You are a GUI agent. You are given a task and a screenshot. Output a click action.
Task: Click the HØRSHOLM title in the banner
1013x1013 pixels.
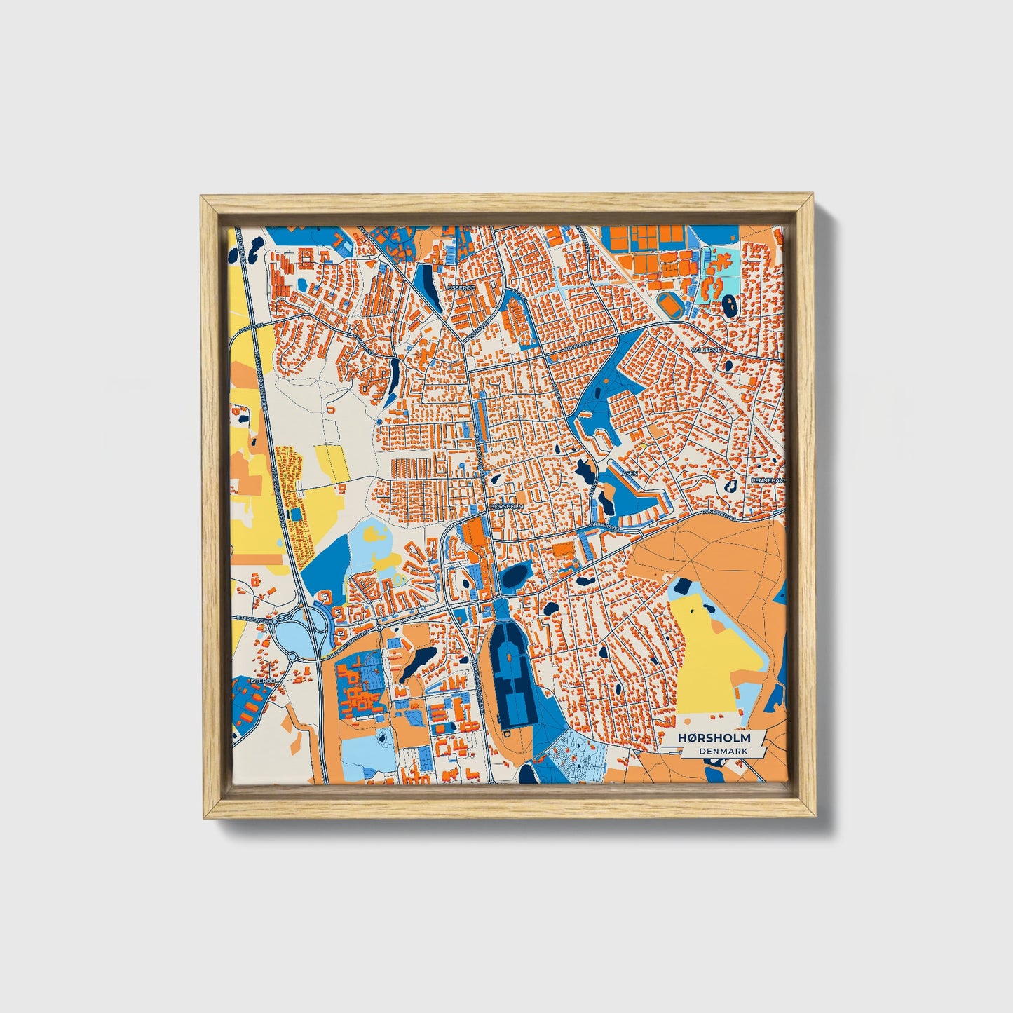click(x=714, y=737)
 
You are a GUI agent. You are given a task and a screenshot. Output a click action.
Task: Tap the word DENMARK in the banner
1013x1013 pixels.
click(x=723, y=751)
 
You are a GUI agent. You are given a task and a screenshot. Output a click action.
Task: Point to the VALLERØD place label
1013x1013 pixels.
click(x=705, y=348)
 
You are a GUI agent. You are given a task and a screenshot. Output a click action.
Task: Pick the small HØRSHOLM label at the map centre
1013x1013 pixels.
click(x=507, y=505)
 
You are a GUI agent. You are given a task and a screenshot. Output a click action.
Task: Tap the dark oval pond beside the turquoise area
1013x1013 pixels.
click(x=729, y=304)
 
